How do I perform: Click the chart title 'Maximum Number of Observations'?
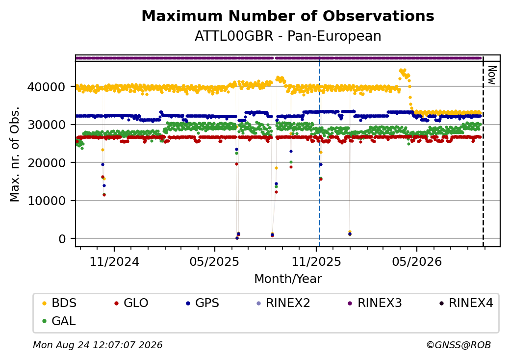coord(288,16)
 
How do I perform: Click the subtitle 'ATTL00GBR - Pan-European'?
coord(288,36)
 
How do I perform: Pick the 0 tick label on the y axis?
coord(62,239)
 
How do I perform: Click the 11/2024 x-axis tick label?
coord(114,261)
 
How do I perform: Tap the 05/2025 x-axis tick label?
coord(214,261)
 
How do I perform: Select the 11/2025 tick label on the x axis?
coord(316,261)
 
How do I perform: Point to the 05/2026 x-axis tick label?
coord(417,261)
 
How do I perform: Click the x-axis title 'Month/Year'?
coord(288,279)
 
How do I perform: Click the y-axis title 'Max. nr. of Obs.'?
coord(15,154)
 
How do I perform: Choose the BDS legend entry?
coord(60,303)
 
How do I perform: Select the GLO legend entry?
coord(131,303)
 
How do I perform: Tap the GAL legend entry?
coord(59,321)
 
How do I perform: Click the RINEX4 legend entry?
coord(466,303)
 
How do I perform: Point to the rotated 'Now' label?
coord(492,75)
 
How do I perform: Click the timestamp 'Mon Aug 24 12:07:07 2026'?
coord(98,345)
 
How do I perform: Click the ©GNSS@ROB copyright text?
coord(459,345)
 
